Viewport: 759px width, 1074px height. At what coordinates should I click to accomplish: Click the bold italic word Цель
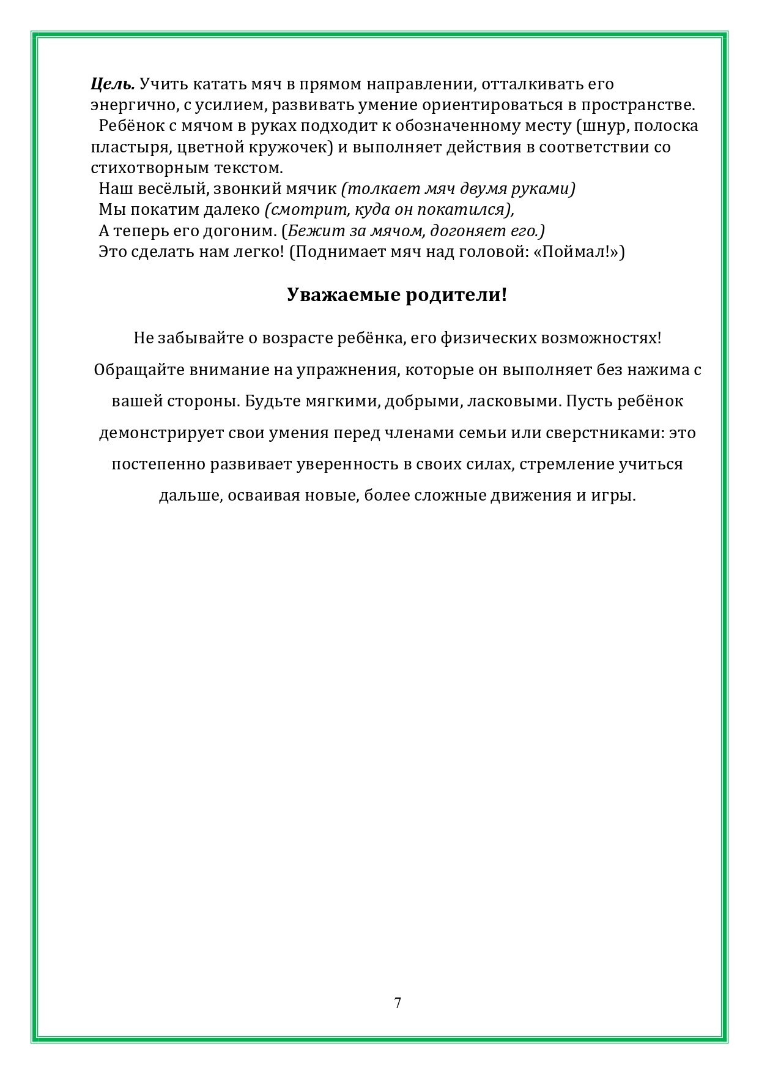click(x=113, y=84)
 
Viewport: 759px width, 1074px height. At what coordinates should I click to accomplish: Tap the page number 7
click(x=398, y=1002)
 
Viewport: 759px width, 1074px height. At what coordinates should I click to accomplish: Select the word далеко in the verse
click(x=232, y=210)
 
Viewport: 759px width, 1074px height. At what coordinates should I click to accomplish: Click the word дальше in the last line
click(x=189, y=495)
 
